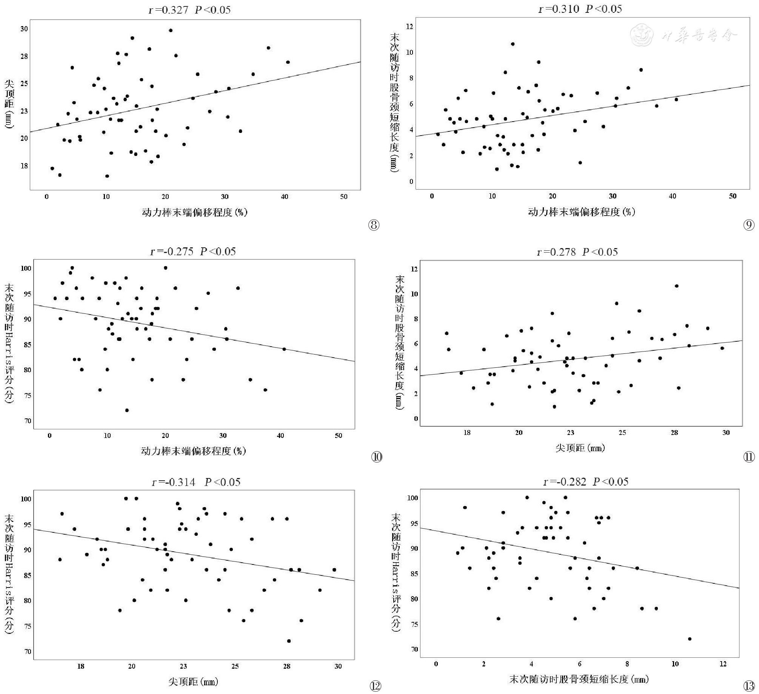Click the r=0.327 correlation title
[x=189, y=10]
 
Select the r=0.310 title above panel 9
[x=580, y=9]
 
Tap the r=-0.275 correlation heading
[x=193, y=251]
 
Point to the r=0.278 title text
[x=577, y=252]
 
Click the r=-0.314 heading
[x=196, y=482]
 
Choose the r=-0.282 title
[x=586, y=482]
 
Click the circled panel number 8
[x=373, y=225]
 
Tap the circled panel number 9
[x=749, y=225]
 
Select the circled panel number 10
[x=376, y=457]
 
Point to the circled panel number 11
[x=749, y=457]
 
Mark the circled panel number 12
[x=376, y=686]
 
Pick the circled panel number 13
[x=749, y=686]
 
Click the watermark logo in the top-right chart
[x=642, y=35]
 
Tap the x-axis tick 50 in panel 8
[x=343, y=197]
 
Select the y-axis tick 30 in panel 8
[x=24, y=29]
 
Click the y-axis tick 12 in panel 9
[x=410, y=26]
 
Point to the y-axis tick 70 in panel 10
[x=28, y=421]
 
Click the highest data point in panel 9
[x=513, y=44]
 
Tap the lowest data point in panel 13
[x=690, y=639]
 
